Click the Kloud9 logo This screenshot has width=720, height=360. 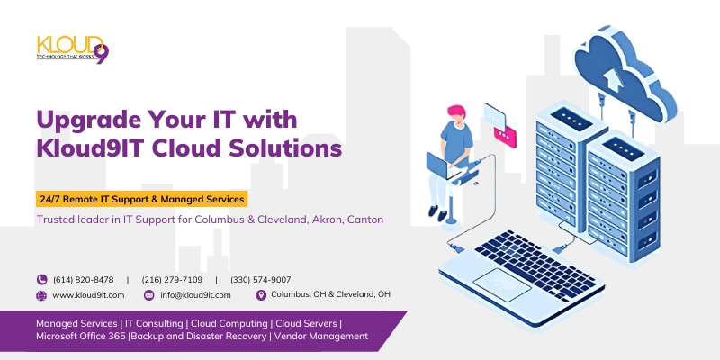(x=73, y=49)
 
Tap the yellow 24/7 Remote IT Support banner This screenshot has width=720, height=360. (x=142, y=199)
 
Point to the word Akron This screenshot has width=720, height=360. (x=328, y=220)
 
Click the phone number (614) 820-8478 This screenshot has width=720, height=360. (x=84, y=280)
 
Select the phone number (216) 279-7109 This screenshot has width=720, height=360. (x=172, y=280)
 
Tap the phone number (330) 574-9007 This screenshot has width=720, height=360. (x=261, y=280)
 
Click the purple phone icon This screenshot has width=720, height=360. (x=41, y=280)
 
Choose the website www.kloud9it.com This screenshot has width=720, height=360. (x=88, y=295)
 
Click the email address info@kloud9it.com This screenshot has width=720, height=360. (x=195, y=295)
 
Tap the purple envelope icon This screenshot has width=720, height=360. (x=148, y=295)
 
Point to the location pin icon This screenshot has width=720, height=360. (x=261, y=295)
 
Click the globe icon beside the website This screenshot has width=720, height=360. (x=41, y=296)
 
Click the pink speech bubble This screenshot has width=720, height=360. (x=505, y=137)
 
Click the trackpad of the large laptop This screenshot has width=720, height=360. (x=502, y=285)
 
